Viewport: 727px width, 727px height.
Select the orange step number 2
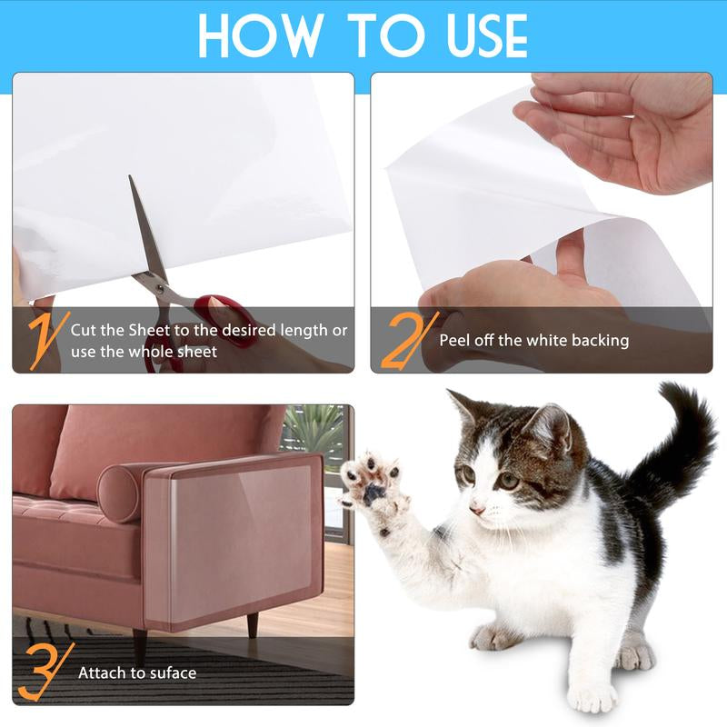click(x=404, y=338)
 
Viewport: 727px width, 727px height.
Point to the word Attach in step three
click(x=101, y=673)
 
